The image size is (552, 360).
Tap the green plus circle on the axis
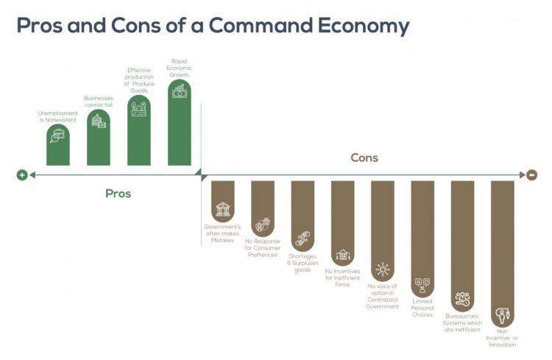pyautogui.click(x=22, y=174)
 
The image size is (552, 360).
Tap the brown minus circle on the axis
pyautogui.click(x=531, y=174)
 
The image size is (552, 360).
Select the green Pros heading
pyautogui.click(x=118, y=194)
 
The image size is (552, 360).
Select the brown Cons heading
pyautogui.click(x=364, y=158)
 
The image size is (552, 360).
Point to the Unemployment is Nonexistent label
pyautogui.click(x=58, y=116)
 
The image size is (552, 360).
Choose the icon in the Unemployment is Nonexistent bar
pyautogui.click(x=58, y=135)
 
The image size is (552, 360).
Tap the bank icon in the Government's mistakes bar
pyautogui.click(x=222, y=209)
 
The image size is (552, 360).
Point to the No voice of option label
pyautogui.click(x=382, y=295)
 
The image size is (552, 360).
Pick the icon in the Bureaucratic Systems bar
pyautogui.click(x=462, y=299)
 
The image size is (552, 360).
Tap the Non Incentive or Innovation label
pyautogui.click(x=502, y=339)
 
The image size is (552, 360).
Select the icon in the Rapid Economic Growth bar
pyautogui.click(x=179, y=91)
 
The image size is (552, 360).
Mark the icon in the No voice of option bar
pyautogui.click(x=382, y=269)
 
